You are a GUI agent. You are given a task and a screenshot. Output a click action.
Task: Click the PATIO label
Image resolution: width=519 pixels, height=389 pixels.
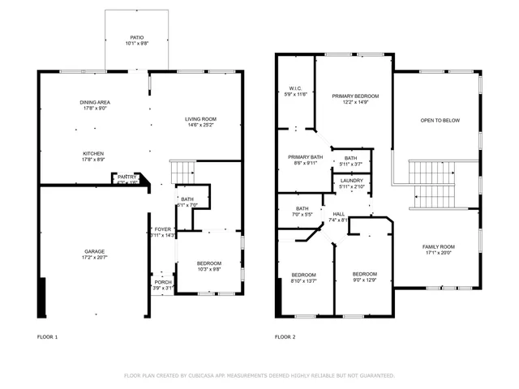pyautogui.click(x=138, y=37)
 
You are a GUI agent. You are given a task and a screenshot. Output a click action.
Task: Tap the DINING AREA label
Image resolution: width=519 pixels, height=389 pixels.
pyautogui.click(x=94, y=102)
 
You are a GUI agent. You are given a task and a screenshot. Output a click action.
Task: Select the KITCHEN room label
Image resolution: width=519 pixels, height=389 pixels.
pyautogui.click(x=93, y=154)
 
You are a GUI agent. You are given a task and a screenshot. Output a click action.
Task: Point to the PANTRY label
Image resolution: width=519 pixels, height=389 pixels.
pyautogui.click(x=127, y=177)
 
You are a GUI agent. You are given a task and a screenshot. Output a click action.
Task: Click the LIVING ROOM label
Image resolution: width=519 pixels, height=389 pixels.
pyautogui.click(x=201, y=120)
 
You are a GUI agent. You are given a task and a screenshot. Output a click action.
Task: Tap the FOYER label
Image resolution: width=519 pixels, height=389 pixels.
pyautogui.click(x=163, y=229)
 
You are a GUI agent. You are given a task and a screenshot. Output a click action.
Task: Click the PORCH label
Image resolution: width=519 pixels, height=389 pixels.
pyautogui.click(x=163, y=282)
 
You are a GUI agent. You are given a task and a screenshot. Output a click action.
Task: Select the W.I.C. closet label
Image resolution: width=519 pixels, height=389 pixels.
pyautogui.click(x=295, y=88)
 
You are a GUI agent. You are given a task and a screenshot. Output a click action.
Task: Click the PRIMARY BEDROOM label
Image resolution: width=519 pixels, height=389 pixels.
pyautogui.click(x=355, y=96)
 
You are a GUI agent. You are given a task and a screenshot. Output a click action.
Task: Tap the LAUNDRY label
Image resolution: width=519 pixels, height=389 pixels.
pyautogui.click(x=351, y=181)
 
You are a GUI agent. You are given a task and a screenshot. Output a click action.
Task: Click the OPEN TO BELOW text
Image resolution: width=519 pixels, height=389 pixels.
pyautogui.click(x=440, y=120)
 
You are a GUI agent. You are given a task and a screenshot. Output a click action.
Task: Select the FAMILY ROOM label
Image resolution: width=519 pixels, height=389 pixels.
pyautogui.click(x=438, y=246)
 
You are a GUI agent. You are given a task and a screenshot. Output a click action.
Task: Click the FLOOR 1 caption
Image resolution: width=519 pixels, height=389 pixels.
pyautogui.click(x=48, y=336)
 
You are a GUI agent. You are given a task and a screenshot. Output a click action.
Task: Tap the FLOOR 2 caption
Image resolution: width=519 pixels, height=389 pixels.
pyautogui.click(x=285, y=336)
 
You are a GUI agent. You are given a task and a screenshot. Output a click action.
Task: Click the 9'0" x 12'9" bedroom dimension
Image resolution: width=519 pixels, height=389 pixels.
pyautogui.click(x=365, y=280)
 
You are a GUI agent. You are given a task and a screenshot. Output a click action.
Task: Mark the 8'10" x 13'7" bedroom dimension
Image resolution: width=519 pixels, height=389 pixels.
pyautogui.click(x=303, y=280)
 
